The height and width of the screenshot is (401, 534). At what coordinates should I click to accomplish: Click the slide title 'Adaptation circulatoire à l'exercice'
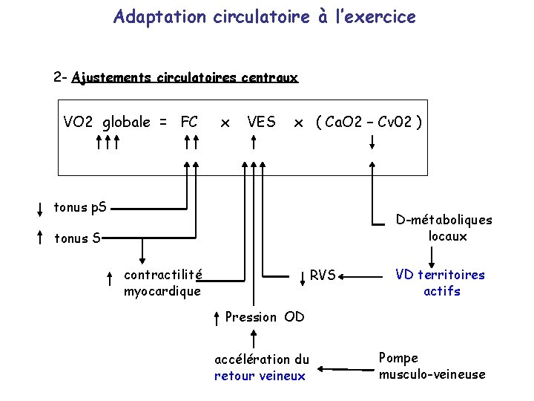point(265,16)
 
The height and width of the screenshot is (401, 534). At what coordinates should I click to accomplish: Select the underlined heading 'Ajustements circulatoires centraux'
point(185,77)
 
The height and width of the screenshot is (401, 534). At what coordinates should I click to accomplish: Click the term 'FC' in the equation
point(189,122)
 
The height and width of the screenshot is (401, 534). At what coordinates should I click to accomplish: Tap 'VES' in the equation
point(261,122)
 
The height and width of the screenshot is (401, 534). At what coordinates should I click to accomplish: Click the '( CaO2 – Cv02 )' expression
point(369,122)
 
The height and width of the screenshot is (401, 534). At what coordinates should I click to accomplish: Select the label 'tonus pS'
point(80,207)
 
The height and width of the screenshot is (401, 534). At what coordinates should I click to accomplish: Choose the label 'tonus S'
point(79,238)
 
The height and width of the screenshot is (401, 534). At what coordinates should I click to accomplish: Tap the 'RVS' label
point(323,275)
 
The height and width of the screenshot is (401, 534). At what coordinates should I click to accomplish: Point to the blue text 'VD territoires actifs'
point(440,283)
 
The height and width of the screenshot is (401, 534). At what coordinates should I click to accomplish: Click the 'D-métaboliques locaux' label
point(444,228)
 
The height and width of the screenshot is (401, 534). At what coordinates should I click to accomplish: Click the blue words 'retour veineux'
point(260,376)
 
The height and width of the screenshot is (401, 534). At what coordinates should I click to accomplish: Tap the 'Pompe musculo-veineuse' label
point(432,366)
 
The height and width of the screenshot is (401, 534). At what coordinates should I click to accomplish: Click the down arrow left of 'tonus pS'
point(39,208)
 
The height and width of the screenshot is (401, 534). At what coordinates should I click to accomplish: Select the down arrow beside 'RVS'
point(303,277)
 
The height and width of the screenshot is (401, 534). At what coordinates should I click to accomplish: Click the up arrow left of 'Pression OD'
point(215,318)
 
